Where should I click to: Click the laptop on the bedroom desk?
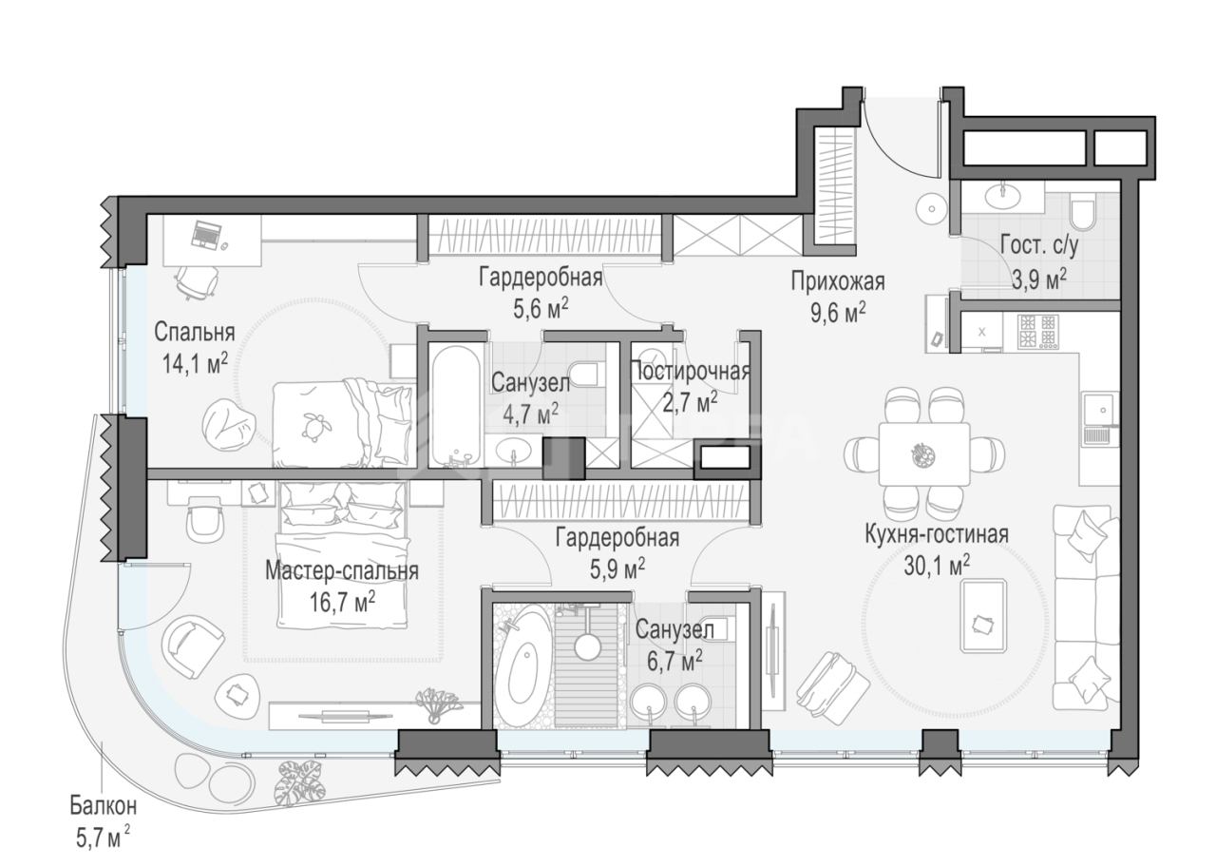[205, 235]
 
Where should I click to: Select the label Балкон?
[104, 807]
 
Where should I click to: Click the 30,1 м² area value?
[937, 566]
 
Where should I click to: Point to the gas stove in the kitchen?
[1038, 332]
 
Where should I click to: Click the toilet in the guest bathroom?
[1085, 215]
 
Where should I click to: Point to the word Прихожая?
[838, 281]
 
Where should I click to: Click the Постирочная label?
[690, 372]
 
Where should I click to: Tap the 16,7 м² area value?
[342, 602]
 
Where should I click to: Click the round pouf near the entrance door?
[932, 208]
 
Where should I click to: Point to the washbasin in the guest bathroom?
[1002, 196]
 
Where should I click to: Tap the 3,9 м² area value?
[1039, 280]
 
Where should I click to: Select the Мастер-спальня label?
[342, 571]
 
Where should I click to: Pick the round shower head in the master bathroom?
[587, 645]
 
